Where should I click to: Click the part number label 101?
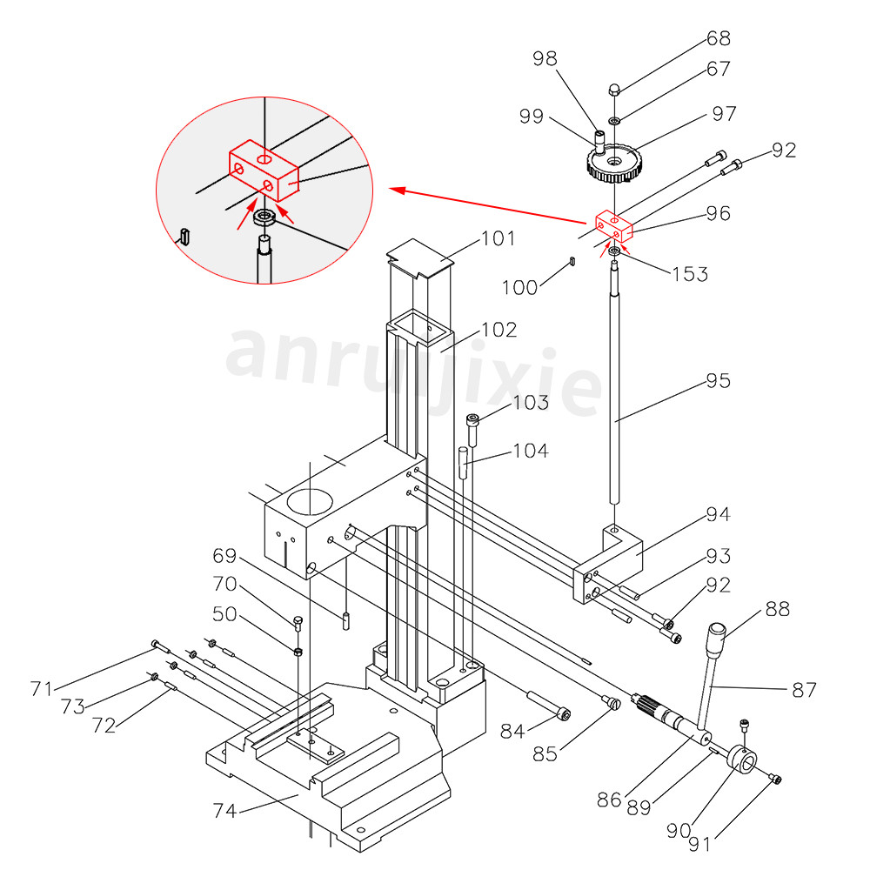[x=499, y=238]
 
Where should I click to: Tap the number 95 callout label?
[x=718, y=381]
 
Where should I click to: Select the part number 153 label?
[x=690, y=274]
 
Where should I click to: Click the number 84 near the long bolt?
[x=513, y=732]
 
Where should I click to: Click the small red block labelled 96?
[x=614, y=226]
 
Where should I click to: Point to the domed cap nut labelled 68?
[x=613, y=88]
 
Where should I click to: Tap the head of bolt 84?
[x=565, y=714]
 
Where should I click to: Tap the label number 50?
[x=224, y=613]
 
